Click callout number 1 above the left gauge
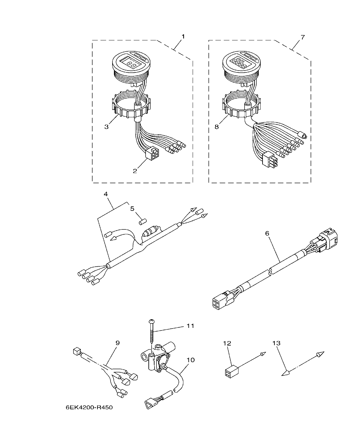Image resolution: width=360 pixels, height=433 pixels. pos(183,37)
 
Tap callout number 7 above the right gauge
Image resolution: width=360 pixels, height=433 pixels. pos(303,37)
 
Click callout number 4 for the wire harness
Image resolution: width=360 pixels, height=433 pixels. pos(106,194)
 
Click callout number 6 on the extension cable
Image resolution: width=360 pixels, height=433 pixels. pos(267,234)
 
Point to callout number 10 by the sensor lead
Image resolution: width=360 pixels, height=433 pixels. pos(190,360)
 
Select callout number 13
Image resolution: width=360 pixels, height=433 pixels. pos(276,343)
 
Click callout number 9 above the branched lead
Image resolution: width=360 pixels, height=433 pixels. pos(117,343)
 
